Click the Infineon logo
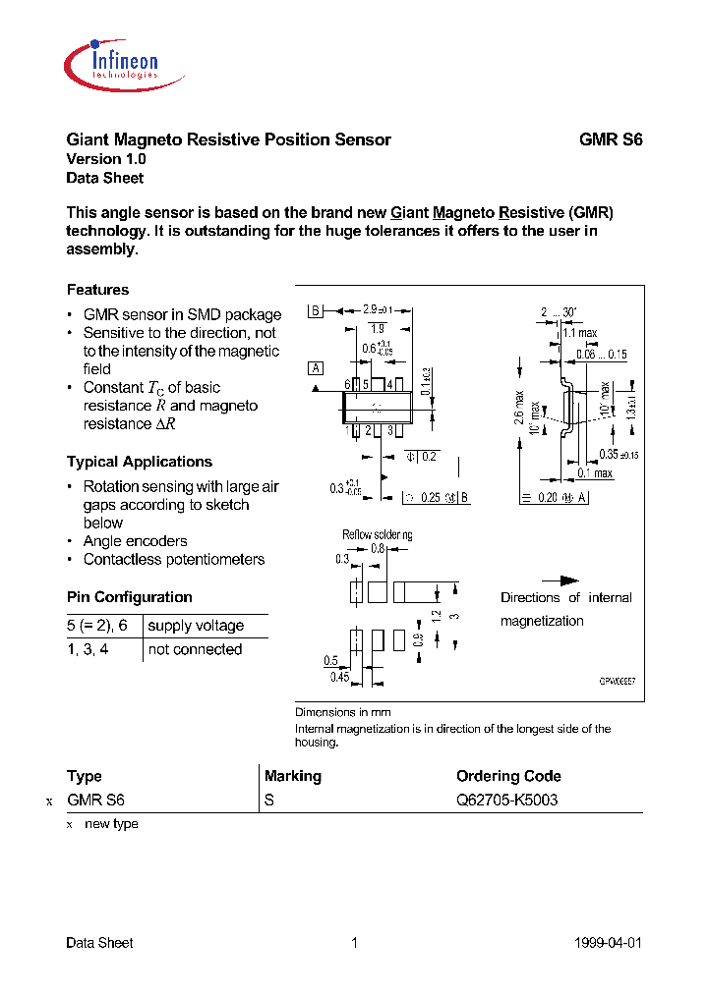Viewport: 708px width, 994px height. pyautogui.click(x=111, y=62)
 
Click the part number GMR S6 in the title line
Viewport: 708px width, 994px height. pyautogui.click(x=610, y=139)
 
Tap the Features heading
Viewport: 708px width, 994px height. pyautogui.click(x=97, y=290)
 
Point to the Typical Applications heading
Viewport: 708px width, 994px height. pyautogui.click(x=139, y=462)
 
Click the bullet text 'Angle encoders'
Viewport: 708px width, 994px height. pyautogui.click(x=135, y=541)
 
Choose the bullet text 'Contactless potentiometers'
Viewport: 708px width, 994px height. pyautogui.click(x=174, y=560)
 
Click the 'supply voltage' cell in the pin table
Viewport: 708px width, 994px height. pyautogui.click(x=196, y=626)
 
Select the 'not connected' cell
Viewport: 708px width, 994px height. pyautogui.click(x=195, y=649)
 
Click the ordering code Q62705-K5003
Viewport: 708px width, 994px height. pyautogui.click(x=506, y=800)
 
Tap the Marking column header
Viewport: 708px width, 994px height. pyautogui.click(x=293, y=776)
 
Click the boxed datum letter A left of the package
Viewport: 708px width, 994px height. pyautogui.click(x=316, y=368)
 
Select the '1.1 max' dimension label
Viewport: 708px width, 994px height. pyautogui.click(x=580, y=333)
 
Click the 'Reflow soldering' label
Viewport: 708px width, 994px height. pyautogui.click(x=377, y=535)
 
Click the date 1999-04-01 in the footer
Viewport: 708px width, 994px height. pyautogui.click(x=607, y=943)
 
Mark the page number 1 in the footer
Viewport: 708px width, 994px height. pyautogui.click(x=354, y=943)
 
